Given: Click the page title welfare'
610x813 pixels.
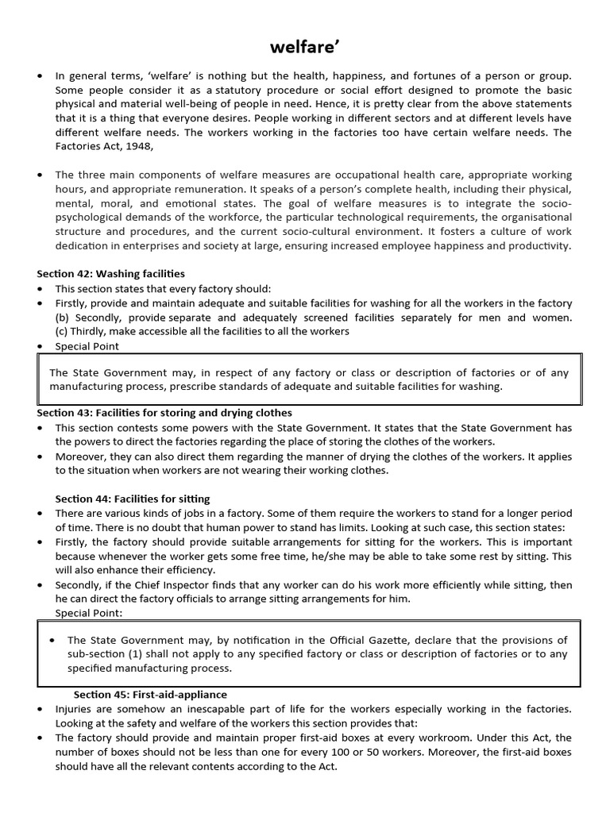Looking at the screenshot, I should [x=305, y=48].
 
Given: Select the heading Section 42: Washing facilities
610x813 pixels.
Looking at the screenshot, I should [x=110, y=274].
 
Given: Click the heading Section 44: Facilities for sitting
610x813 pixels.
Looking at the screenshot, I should [x=132, y=499].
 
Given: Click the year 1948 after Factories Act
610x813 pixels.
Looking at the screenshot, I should [x=136, y=146].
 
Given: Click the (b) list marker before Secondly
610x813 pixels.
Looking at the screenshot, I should [x=63, y=318].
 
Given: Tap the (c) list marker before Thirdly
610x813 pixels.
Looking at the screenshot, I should [x=62, y=331].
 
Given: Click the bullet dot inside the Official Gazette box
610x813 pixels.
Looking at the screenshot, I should [x=52, y=640].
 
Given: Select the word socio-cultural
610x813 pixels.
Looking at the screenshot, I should [x=305, y=232].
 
